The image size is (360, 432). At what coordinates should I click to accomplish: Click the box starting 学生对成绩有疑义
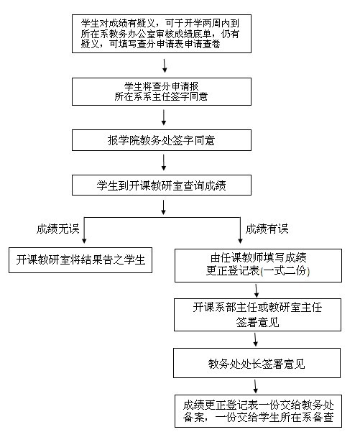click(162, 34)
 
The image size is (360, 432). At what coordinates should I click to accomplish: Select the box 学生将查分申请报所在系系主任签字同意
click(162, 91)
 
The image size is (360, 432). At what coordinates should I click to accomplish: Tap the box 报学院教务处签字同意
click(162, 140)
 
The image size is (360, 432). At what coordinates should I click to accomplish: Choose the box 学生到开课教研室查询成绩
click(162, 185)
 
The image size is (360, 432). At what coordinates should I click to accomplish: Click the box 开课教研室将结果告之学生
click(80, 260)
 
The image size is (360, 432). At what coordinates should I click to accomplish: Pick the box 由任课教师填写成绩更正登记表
click(258, 265)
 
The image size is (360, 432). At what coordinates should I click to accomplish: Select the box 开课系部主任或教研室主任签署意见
click(257, 315)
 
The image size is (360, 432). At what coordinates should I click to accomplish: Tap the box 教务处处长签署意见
click(257, 363)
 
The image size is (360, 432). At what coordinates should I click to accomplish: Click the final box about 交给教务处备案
click(258, 411)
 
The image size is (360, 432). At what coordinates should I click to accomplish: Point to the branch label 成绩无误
click(57, 229)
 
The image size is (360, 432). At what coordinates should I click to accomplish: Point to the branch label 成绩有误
click(267, 229)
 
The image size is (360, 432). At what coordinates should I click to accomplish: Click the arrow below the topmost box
click(165, 65)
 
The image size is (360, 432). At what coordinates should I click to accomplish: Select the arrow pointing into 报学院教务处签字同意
click(164, 118)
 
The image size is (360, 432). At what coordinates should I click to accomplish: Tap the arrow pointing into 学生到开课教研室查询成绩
click(164, 162)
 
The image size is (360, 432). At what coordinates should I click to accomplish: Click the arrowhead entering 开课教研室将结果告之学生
click(84, 241)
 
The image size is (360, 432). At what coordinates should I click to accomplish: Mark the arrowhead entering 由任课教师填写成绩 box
click(240, 241)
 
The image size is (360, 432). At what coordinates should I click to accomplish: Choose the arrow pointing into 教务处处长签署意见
click(256, 339)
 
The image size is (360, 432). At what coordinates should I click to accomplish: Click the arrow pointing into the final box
click(256, 386)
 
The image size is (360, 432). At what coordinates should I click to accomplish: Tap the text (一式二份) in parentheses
click(285, 271)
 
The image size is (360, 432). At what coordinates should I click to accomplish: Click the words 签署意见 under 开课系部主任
click(257, 322)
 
